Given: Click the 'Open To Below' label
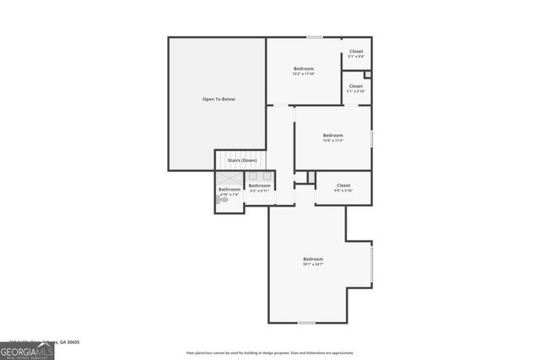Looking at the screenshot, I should (x=219, y=99).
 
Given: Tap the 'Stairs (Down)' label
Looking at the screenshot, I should (x=242, y=159).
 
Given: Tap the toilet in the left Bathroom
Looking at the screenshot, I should (x=224, y=200).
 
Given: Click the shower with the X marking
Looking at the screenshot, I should (x=229, y=179).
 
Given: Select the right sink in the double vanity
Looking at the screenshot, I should (x=265, y=176).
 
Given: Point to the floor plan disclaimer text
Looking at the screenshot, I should (x=270, y=352).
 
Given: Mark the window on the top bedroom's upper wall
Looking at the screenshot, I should (x=314, y=37).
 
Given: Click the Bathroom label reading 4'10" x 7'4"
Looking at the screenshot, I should (x=229, y=191).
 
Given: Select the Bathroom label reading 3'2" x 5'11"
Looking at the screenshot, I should (x=259, y=187).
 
